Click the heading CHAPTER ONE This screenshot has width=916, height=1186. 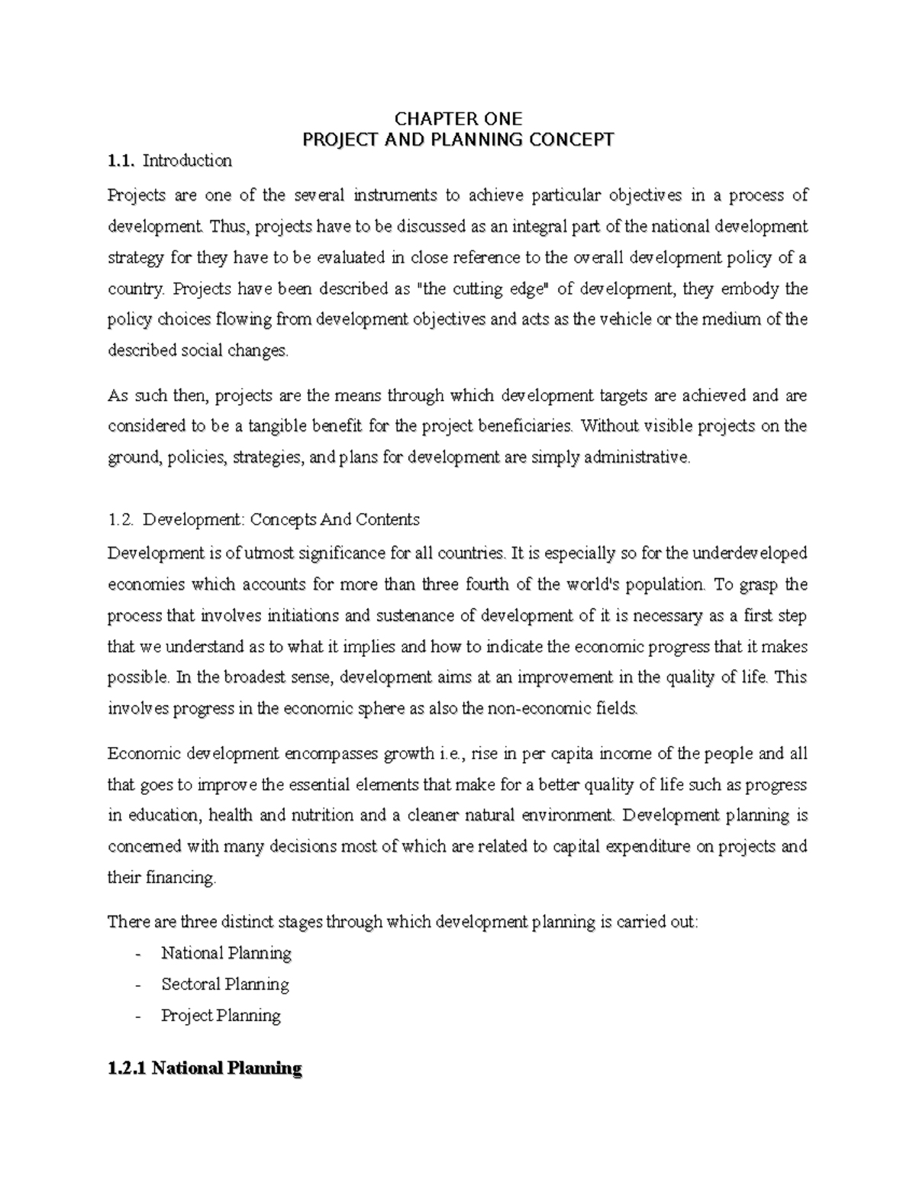click(458, 119)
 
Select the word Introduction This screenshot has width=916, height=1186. click(187, 161)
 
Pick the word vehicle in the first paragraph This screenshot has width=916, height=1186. click(609, 319)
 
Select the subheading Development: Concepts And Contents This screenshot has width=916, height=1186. click(281, 520)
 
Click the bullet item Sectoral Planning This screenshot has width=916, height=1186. click(225, 984)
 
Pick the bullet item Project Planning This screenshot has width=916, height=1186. click(221, 1016)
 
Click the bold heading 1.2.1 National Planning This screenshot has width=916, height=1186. click(205, 1068)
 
